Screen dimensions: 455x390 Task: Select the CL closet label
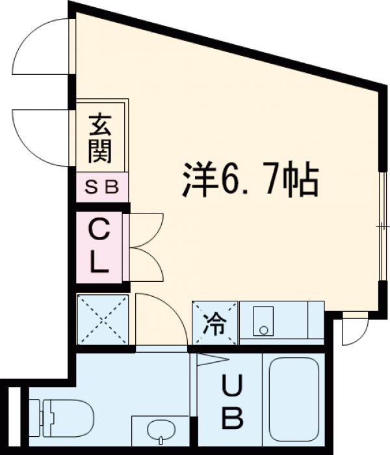[x=99, y=246]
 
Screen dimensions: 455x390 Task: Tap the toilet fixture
[x=65, y=417]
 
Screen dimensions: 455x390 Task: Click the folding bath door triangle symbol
[x=211, y=359]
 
